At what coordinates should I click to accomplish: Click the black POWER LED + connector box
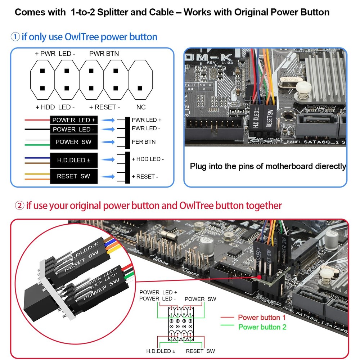pyautogui.click(x=74, y=120)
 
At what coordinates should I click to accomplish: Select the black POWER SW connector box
pyautogui.click(x=74, y=142)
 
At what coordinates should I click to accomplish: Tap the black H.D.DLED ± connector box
pyautogui.click(x=74, y=160)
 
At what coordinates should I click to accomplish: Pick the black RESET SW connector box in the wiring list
pyautogui.click(x=74, y=176)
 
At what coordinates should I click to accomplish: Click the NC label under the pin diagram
pyautogui.click(x=141, y=107)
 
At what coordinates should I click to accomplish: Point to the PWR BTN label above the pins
pyautogui.click(x=104, y=54)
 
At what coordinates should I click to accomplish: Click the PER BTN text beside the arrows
pyautogui.click(x=144, y=142)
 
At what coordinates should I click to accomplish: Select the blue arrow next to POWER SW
pyautogui.click(x=108, y=142)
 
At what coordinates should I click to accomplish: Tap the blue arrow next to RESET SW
pyautogui.click(x=108, y=176)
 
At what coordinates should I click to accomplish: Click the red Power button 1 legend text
pyautogui.click(x=262, y=318)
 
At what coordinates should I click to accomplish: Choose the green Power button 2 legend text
pyautogui.click(x=262, y=327)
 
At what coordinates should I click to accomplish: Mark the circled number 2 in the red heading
pyautogui.click(x=19, y=206)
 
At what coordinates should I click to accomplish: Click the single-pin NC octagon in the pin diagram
pyautogui.click(x=141, y=79)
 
